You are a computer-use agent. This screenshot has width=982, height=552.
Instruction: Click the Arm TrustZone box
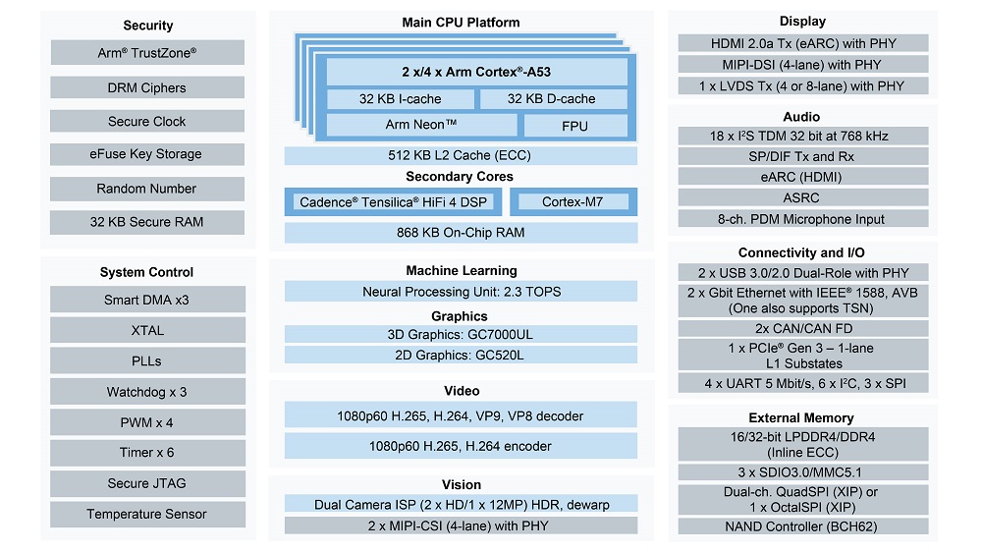tap(147, 53)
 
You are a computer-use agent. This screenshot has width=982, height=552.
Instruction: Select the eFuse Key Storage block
tap(147, 154)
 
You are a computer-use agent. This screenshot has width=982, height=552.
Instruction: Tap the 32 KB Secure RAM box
tap(147, 222)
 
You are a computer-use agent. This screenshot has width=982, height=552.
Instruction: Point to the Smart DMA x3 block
tap(147, 300)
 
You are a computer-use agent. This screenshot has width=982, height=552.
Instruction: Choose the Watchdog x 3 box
tap(147, 392)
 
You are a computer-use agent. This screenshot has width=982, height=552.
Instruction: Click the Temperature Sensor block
tap(147, 514)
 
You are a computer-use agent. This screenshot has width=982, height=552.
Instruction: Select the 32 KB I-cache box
tap(400, 99)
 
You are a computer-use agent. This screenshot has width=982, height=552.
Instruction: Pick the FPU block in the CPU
tap(574, 126)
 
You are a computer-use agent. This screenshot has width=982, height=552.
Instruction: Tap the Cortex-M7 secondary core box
tap(573, 202)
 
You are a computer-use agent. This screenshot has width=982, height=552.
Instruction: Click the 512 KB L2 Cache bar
tap(461, 155)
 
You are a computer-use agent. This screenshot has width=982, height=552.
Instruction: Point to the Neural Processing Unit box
tap(461, 292)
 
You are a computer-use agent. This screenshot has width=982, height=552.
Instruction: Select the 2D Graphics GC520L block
tap(461, 355)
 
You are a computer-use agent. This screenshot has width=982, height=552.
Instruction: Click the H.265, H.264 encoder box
tap(461, 446)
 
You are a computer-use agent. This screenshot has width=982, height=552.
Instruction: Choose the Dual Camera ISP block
tap(461, 504)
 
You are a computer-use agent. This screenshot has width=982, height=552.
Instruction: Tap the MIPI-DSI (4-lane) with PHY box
tap(802, 65)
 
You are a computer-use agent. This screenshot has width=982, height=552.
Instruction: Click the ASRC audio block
tap(802, 198)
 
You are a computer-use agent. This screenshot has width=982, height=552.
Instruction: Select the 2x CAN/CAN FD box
tap(802, 328)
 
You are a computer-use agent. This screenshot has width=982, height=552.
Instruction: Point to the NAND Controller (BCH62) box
tap(802, 525)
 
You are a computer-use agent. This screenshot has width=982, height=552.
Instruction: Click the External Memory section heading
tap(801, 417)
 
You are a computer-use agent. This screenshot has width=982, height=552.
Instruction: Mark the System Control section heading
tap(147, 272)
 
